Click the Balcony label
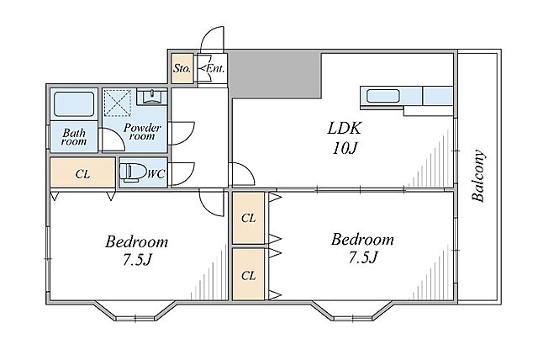point(478,175)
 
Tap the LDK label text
point(344,128)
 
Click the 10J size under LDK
point(345,148)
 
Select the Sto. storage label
point(182,68)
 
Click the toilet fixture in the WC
point(130,172)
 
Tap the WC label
point(156,173)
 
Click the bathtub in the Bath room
point(74,104)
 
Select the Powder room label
point(142,131)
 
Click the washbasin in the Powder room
point(151,97)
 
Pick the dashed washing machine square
point(118,103)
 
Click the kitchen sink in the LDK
point(383,96)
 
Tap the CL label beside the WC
point(82,174)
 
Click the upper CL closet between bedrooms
point(249,218)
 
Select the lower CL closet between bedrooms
point(249,274)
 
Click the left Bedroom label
point(136,241)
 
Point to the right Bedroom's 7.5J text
point(363,257)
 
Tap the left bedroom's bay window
point(135,312)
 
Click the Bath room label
point(74,136)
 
